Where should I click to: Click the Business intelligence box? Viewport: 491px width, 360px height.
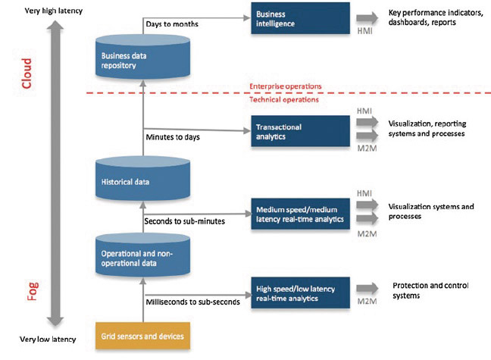tap(300, 18)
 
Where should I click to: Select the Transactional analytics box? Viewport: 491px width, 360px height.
tap(300, 131)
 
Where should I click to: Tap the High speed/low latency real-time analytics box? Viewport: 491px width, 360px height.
tap(300, 293)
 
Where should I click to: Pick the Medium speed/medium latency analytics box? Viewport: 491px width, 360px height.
tap(300, 214)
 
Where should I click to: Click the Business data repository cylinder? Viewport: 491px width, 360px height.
tap(142, 57)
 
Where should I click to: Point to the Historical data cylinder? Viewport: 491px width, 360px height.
tap(142, 179)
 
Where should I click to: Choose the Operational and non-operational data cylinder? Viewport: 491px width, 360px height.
tap(142, 255)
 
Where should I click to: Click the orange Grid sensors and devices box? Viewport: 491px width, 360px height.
tap(142, 336)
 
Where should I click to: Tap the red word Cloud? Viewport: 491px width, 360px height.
tap(27, 74)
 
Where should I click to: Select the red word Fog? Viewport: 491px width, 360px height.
tap(33, 291)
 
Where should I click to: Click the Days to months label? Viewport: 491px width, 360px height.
tap(172, 24)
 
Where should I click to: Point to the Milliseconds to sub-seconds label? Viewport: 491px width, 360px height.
tap(193, 302)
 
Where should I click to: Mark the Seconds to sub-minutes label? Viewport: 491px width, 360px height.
tap(184, 221)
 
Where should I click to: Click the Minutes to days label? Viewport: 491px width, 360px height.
tap(173, 137)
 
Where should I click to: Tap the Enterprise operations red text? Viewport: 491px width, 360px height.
tap(286, 86)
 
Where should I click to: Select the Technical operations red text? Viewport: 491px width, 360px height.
tap(284, 99)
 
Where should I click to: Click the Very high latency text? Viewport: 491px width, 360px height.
tap(54, 11)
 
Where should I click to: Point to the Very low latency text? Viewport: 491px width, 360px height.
tap(48, 340)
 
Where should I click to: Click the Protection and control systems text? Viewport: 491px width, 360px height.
tap(430, 290)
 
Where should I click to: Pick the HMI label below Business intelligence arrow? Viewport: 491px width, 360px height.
tap(364, 31)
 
